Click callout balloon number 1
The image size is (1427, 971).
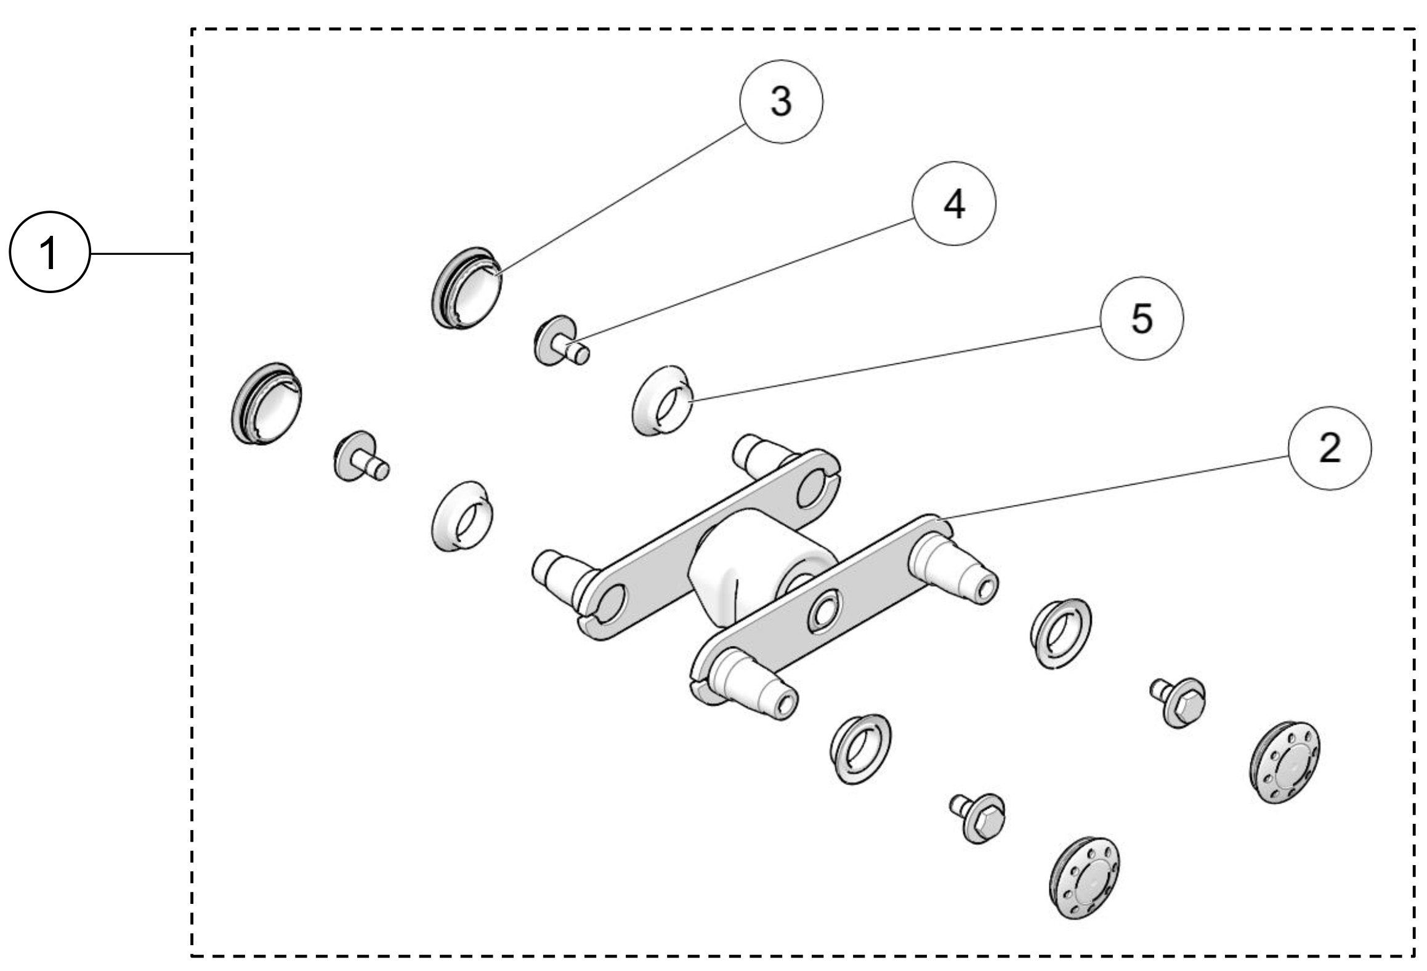click(49, 253)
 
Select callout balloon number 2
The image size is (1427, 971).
click(1329, 448)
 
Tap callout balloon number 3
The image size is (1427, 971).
click(781, 102)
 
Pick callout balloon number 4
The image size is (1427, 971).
click(954, 204)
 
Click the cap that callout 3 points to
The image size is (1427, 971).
click(467, 289)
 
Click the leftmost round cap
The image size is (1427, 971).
click(266, 403)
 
